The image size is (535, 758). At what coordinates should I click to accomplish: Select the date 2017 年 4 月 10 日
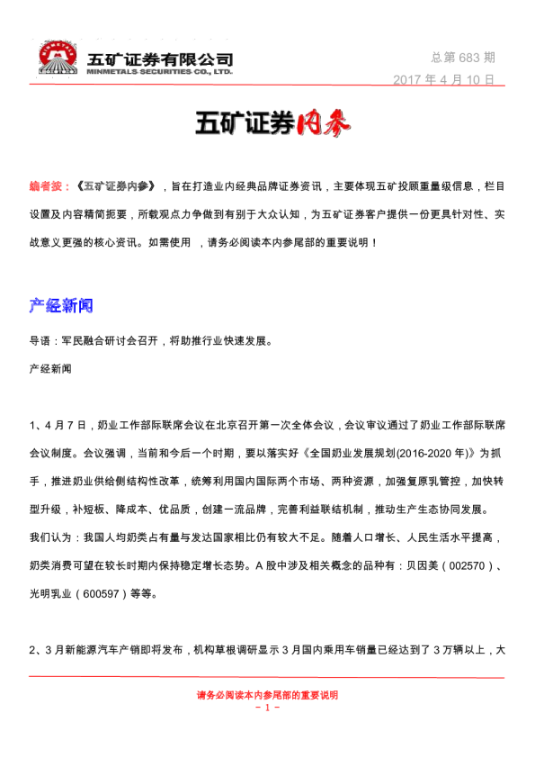[x=444, y=79]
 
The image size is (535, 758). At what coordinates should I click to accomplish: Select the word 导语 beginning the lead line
[x=40, y=341]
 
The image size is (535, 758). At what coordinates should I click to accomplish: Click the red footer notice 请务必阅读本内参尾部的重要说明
[x=267, y=695]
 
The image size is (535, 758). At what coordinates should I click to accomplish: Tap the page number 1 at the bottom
[x=268, y=708]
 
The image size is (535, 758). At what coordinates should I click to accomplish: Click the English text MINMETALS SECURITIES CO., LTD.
[x=160, y=70]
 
